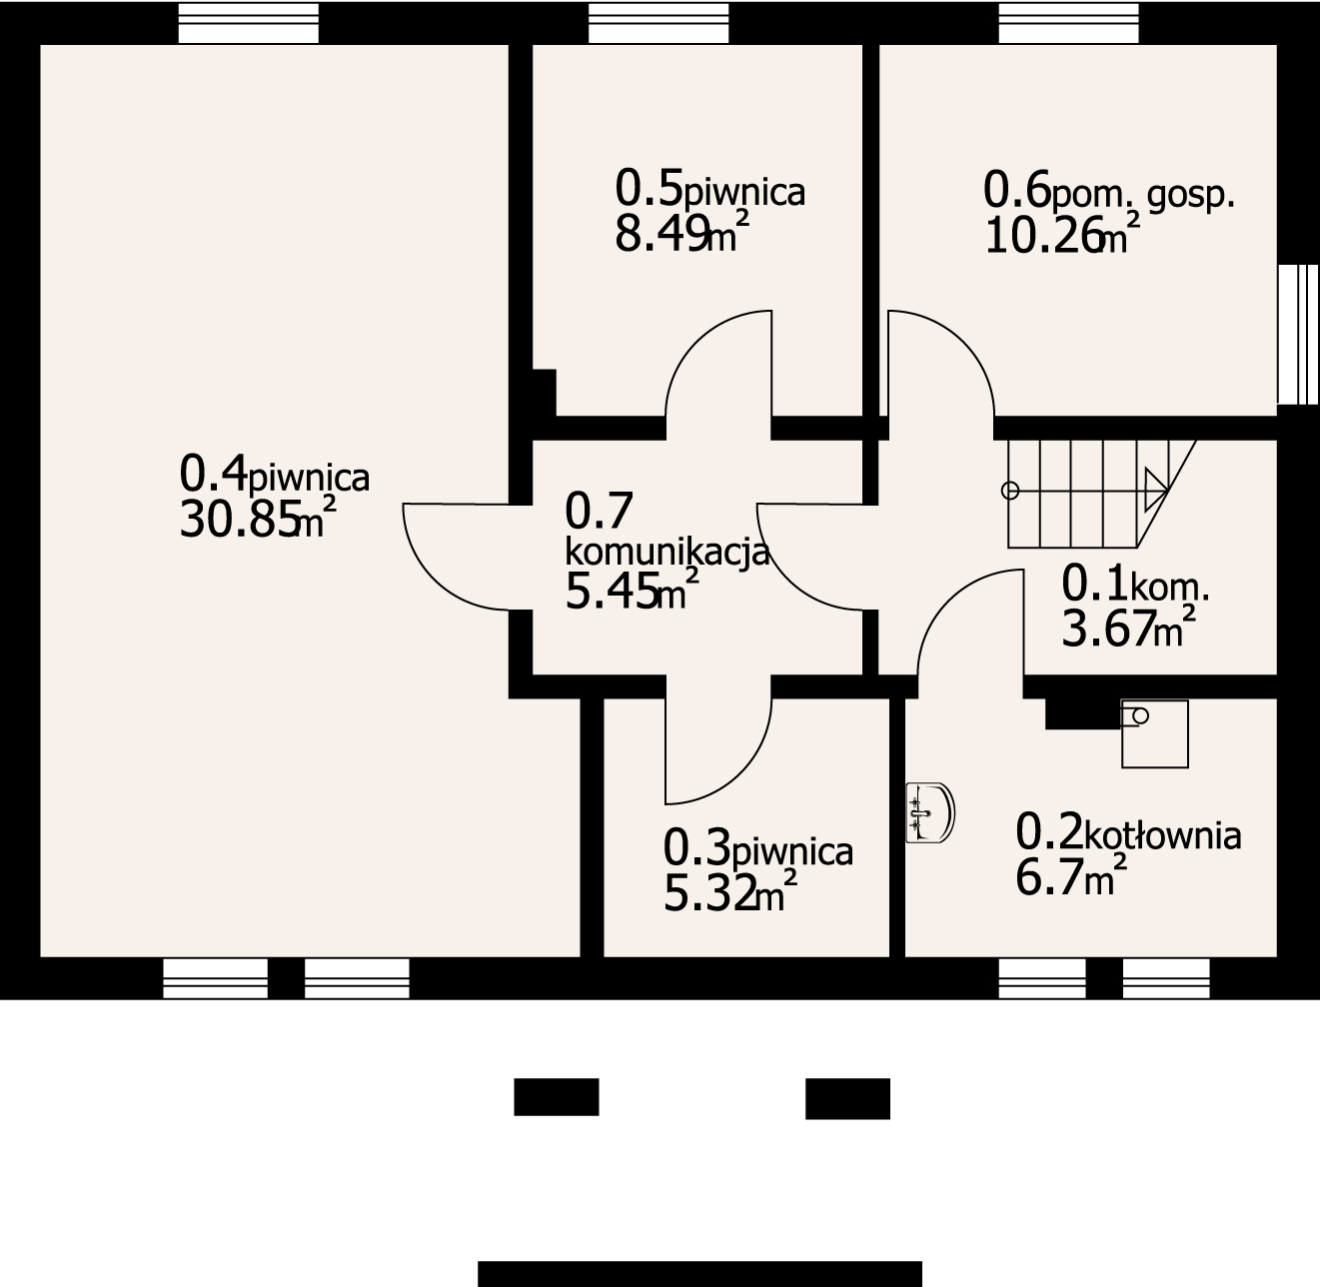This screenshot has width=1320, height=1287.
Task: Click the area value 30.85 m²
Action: (258, 518)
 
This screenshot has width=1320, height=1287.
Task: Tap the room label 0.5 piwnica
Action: (710, 189)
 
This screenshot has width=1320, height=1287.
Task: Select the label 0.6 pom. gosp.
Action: (1108, 191)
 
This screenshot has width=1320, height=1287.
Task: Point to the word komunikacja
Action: (667, 553)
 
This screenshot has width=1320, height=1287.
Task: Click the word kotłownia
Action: (1163, 835)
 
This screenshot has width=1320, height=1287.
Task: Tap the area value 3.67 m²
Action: (1128, 627)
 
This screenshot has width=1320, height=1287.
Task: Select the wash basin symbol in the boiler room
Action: (930, 812)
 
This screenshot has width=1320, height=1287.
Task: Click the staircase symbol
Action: (1099, 494)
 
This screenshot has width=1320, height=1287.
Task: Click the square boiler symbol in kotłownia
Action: (1154, 733)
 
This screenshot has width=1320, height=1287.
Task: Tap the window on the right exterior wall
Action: (1298, 334)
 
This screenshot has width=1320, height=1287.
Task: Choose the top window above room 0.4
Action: (248, 23)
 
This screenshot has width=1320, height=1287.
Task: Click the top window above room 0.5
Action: (659, 23)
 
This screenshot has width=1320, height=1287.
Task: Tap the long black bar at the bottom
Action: (700, 1273)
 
